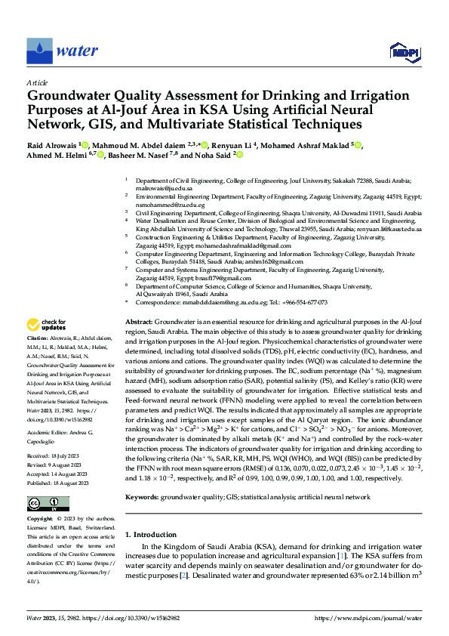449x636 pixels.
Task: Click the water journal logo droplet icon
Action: click(39, 51)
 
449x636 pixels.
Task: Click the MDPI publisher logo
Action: click(404, 51)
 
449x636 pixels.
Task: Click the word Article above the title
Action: click(38, 82)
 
